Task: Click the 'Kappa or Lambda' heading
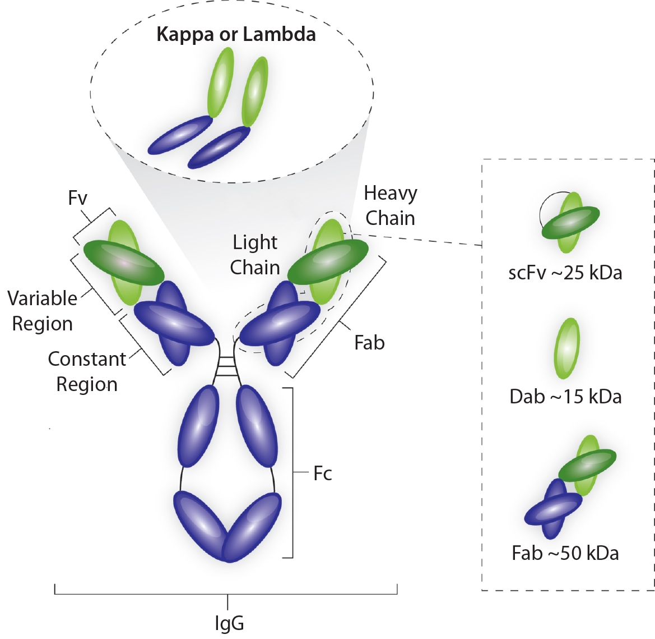pyautogui.click(x=236, y=34)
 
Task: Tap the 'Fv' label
pyautogui.click(x=77, y=198)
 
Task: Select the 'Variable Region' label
pyautogui.click(x=43, y=311)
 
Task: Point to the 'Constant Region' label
pyautogui.click(x=87, y=371)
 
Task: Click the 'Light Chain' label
pyautogui.click(x=255, y=255)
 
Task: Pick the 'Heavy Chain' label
pyautogui.click(x=391, y=205)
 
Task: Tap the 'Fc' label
pyautogui.click(x=323, y=473)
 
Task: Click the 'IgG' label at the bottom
pyautogui.click(x=229, y=623)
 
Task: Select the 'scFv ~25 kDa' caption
pyautogui.click(x=565, y=273)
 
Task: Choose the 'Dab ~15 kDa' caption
pyautogui.click(x=565, y=397)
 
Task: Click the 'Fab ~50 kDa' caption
pyautogui.click(x=565, y=553)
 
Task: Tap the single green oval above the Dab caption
pyautogui.click(x=566, y=348)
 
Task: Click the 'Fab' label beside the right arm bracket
pyautogui.click(x=369, y=343)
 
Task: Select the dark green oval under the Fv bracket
pyautogui.click(x=123, y=261)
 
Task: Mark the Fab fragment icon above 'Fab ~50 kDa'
pyautogui.click(x=570, y=485)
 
